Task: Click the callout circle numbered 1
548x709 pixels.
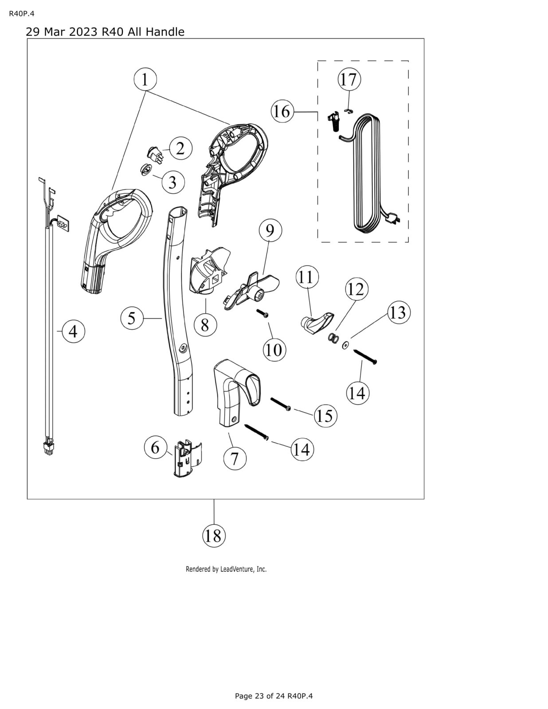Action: [x=145, y=80]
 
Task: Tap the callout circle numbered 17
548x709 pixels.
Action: [x=349, y=80]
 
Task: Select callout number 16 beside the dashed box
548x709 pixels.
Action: [x=282, y=112]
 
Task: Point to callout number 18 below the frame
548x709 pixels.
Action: [x=214, y=536]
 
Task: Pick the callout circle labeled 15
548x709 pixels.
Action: [x=325, y=416]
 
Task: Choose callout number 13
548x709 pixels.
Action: [x=398, y=312]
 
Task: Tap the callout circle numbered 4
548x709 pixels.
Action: [x=73, y=331]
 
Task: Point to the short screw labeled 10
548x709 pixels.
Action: [x=263, y=313]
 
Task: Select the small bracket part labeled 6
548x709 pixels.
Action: [x=184, y=460]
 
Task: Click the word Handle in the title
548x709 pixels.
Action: [x=165, y=32]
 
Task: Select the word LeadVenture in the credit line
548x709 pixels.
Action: [x=238, y=569]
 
